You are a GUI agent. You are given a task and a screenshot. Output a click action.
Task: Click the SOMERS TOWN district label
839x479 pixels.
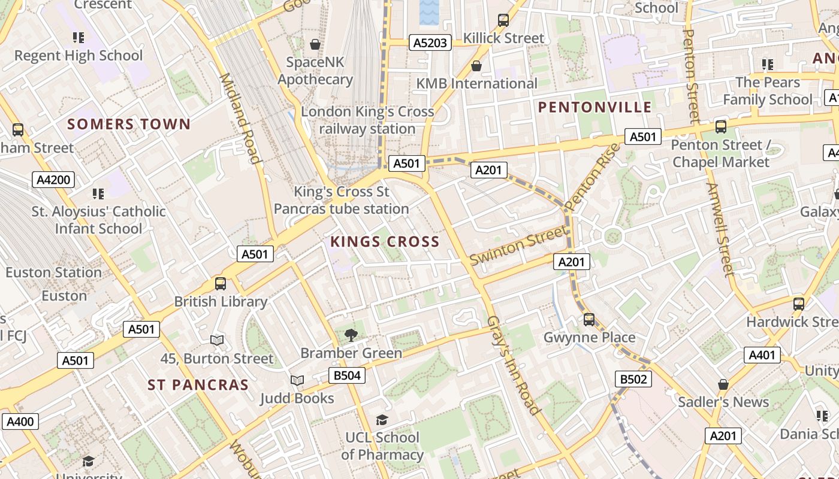129,125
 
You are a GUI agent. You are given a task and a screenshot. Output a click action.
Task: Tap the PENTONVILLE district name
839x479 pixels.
594,108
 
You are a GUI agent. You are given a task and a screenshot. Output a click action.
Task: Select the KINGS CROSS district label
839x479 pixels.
385,242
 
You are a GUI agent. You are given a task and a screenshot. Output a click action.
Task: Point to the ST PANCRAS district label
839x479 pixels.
198,385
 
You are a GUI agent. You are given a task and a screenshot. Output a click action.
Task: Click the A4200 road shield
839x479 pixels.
53,180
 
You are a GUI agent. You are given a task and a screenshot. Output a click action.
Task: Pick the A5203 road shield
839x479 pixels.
430,43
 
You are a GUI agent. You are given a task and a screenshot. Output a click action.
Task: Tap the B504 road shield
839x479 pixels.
346,375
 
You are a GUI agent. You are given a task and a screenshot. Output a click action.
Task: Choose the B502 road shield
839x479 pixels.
633,379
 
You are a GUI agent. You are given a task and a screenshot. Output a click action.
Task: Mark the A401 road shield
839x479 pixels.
762,355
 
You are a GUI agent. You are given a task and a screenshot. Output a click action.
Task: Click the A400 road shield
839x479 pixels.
20,422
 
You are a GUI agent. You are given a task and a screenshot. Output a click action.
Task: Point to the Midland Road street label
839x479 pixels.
240,118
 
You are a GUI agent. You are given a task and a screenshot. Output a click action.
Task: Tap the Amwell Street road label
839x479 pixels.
720,230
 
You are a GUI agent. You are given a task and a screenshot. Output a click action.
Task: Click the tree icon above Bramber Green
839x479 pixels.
351,335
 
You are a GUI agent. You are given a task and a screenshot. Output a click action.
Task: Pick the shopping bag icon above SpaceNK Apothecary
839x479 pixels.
315,44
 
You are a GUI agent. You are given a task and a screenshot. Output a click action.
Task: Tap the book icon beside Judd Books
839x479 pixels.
297,380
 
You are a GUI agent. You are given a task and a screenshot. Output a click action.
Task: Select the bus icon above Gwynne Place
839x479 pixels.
589,319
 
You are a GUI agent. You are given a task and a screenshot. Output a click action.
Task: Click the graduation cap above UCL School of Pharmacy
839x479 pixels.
382,420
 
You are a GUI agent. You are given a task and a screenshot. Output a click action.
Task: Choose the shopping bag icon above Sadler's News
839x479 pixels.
723,384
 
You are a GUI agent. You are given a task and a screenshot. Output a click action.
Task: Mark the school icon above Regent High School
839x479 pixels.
79,38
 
